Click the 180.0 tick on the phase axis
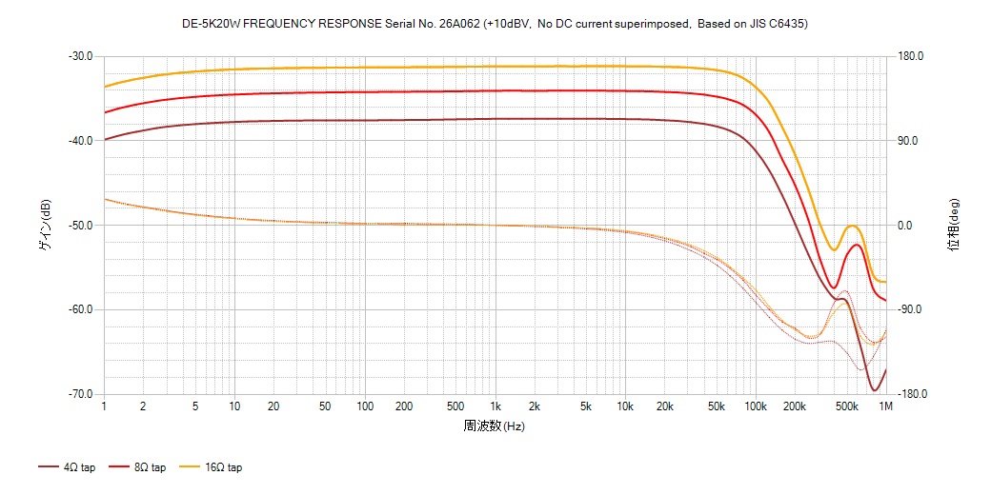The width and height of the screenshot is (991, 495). pos(910,56)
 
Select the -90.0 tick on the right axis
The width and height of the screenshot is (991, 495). pos(910,309)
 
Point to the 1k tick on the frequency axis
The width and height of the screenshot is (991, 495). pos(495,406)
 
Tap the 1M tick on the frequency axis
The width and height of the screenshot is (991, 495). pos(885,406)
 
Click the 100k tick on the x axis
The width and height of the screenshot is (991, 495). pos(755,406)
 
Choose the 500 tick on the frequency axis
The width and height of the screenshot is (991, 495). pos(455,406)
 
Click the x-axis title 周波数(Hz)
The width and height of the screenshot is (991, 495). pos(494,426)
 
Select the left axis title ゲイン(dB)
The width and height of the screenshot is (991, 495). pos(45,225)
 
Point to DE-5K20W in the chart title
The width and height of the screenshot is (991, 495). pos(211,24)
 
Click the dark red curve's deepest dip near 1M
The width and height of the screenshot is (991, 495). pos(874,390)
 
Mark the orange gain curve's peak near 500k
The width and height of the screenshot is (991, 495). pos(852,226)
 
